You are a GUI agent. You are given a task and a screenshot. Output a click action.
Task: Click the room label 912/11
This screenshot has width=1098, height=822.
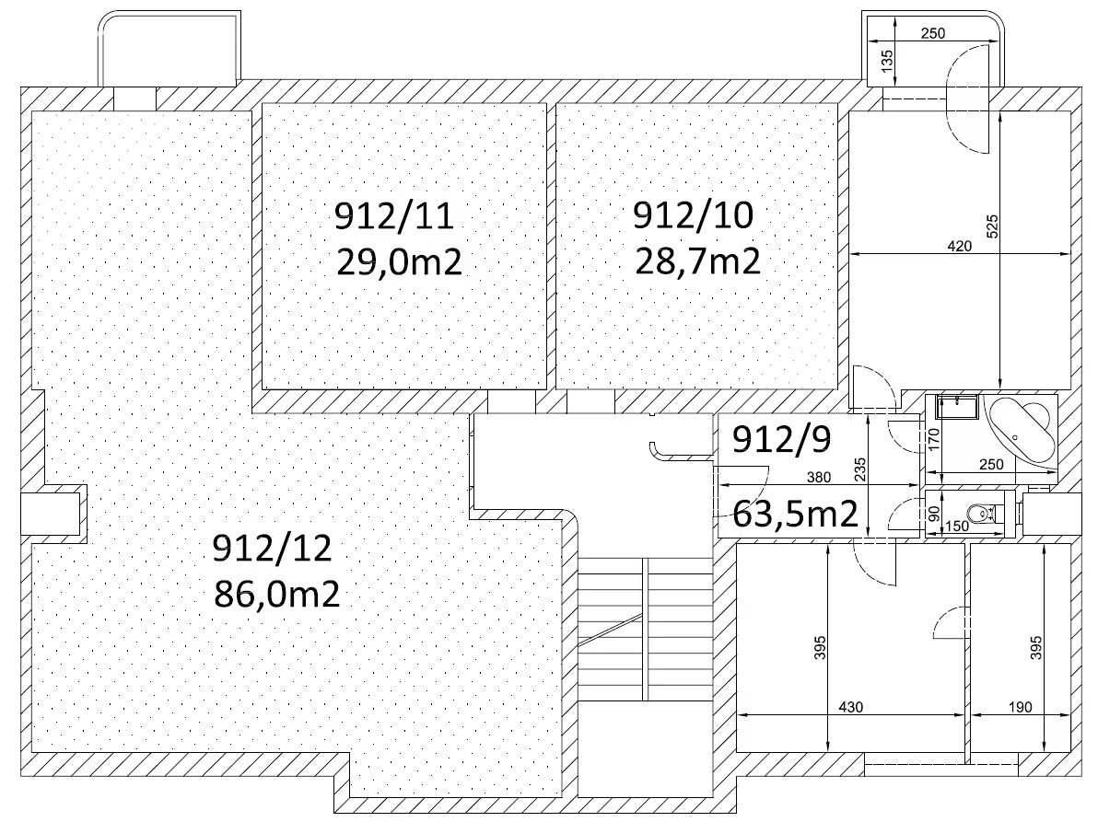click(394, 216)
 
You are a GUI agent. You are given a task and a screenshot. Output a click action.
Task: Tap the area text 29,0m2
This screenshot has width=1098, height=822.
click(399, 263)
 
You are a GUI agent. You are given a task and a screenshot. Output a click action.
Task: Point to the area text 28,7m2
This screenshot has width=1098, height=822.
click(697, 262)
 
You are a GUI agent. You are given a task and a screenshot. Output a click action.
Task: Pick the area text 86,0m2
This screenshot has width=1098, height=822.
click(276, 595)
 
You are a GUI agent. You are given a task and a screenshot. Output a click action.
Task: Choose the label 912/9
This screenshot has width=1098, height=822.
click(781, 439)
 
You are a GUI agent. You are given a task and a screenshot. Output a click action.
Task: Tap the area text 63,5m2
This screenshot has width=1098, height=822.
click(796, 515)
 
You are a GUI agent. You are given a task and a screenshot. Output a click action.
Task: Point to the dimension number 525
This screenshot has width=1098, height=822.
click(991, 226)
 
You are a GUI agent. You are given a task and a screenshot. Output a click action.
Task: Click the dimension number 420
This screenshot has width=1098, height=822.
click(959, 246)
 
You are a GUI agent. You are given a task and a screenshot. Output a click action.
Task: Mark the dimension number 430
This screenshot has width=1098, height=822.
click(851, 707)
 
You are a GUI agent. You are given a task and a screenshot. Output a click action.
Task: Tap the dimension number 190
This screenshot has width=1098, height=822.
click(1021, 707)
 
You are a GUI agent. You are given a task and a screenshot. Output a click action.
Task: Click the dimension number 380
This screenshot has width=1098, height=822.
click(819, 477)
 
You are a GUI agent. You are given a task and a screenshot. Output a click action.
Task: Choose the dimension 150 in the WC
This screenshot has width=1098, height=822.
click(956, 527)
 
